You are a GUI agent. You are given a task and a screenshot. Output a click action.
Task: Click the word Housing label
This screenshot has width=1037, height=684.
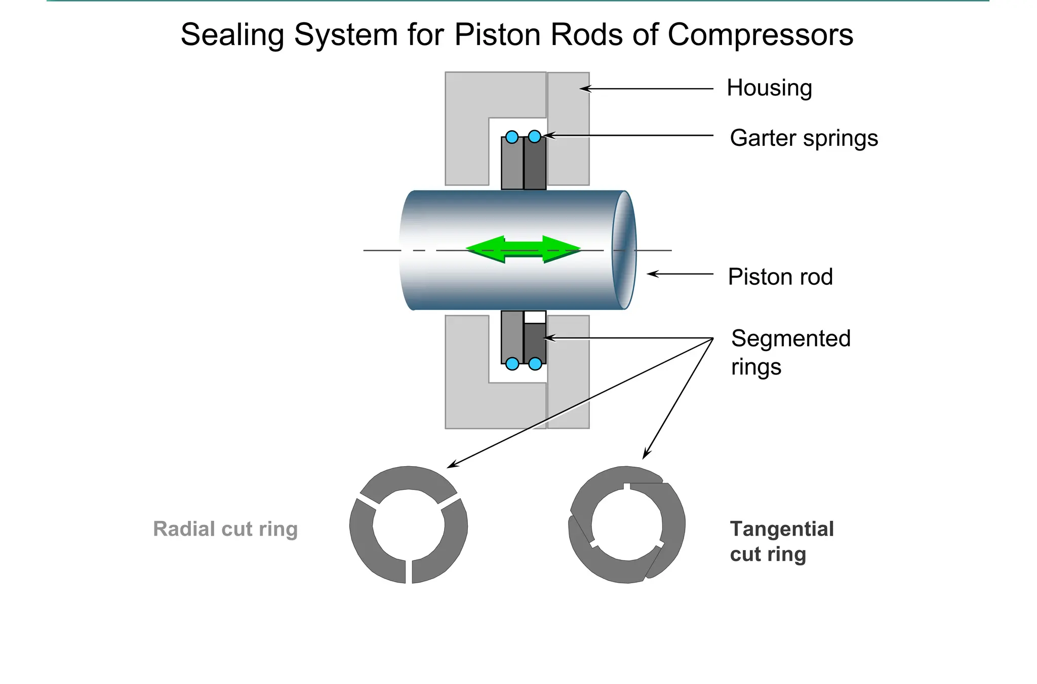tap(769, 88)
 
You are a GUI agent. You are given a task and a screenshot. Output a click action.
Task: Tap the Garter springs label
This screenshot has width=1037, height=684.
tap(804, 138)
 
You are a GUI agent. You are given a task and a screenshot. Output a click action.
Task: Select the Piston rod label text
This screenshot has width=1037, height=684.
tap(780, 277)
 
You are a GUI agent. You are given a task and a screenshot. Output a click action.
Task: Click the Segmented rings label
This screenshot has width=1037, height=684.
tap(790, 352)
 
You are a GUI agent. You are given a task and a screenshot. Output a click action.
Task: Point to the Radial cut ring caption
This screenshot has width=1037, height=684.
tap(225, 529)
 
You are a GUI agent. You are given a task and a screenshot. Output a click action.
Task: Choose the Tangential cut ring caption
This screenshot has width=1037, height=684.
tap(781, 541)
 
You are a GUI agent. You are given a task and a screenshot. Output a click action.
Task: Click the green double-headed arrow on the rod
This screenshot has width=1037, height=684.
tap(523, 249)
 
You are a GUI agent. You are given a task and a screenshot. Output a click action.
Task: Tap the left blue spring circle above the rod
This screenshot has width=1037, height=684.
tap(512, 137)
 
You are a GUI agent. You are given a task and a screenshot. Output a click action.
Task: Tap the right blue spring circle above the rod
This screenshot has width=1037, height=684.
tap(535, 136)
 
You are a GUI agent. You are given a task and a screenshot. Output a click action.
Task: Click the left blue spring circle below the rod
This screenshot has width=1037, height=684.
tap(512, 363)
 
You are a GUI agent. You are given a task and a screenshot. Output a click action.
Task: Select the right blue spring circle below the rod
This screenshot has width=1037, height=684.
tap(535, 363)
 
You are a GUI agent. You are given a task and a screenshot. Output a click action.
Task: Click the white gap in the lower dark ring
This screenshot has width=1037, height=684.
tap(535, 317)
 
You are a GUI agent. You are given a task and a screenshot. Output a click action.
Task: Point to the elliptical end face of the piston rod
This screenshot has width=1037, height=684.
tap(624, 250)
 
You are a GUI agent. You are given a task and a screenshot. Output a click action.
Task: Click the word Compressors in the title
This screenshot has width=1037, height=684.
tap(760, 35)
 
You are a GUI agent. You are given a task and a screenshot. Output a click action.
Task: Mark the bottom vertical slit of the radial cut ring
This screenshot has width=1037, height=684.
tap(409, 572)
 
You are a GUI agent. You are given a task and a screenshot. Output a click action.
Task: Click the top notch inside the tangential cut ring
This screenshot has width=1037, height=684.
tap(626, 487)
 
